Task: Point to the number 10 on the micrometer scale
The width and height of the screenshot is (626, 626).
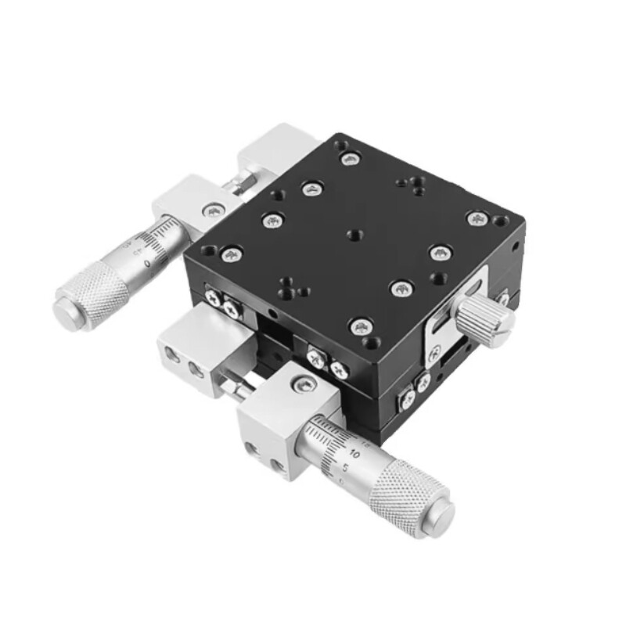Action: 354,453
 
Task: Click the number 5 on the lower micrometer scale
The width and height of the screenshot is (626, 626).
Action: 344,467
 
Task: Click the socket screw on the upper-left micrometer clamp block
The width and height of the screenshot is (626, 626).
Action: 214,209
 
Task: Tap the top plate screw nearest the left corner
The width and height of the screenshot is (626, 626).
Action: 232,252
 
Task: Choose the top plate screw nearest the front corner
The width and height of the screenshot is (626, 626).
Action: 361,327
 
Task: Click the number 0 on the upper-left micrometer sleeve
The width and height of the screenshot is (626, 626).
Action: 148,264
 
